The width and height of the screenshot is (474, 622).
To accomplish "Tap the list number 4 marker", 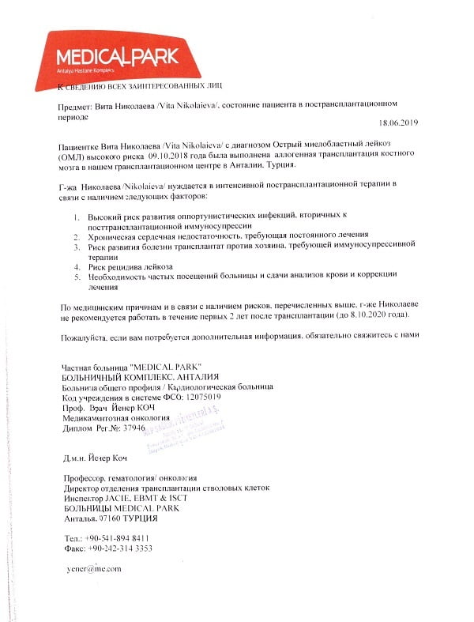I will (76, 267).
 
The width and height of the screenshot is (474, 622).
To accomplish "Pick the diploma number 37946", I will (129, 427).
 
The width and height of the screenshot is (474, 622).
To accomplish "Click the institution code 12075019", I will (195, 397).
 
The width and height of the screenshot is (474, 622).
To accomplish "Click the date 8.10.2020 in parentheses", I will (363, 315).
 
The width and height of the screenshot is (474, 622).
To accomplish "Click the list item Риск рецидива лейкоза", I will (130, 267).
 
